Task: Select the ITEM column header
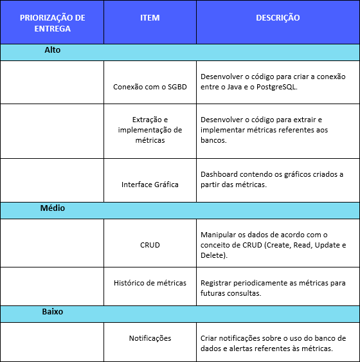pos(150,18)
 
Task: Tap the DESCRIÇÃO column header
pos(278,18)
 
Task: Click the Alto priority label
pos(53,50)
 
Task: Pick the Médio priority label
pos(53,208)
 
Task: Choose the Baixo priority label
pos(53,311)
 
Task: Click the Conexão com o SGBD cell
pos(150,86)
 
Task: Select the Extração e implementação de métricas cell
pos(150,130)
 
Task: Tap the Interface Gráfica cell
pos(150,185)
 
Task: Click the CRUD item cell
pos(150,245)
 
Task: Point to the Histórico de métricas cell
pos(150,283)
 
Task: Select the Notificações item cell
pos(150,338)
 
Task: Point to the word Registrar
pos(217,283)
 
